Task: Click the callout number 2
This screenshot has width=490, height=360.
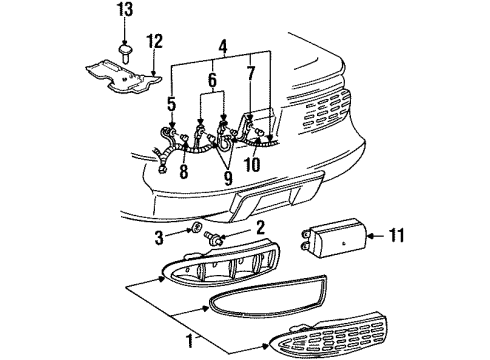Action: pos(260,229)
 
